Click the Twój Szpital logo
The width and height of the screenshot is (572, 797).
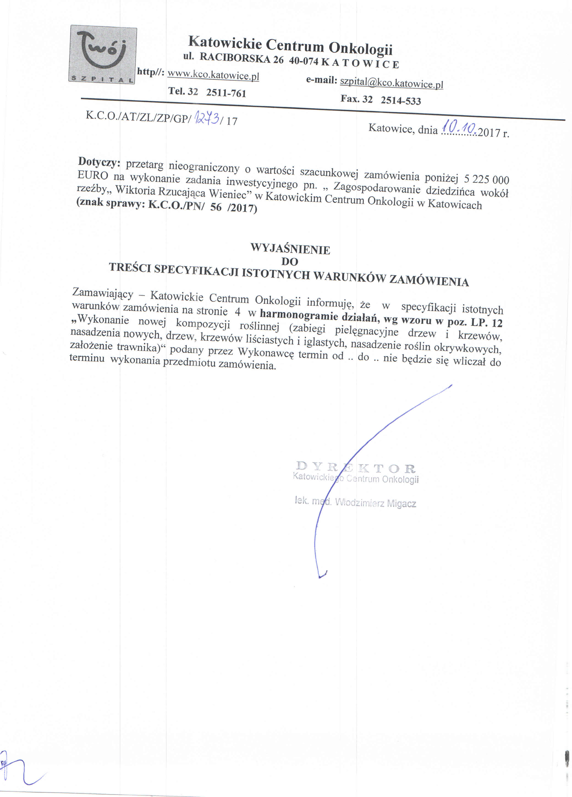coord(103,55)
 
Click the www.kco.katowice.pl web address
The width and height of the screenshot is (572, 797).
coord(213,75)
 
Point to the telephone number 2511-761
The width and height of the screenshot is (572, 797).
coord(226,93)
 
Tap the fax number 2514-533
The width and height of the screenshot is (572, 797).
coord(401,101)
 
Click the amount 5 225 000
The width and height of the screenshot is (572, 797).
coord(486,179)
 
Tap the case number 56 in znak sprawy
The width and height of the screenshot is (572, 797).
coord(216,207)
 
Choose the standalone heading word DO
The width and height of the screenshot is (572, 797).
coord(289,261)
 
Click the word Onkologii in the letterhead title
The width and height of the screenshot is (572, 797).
coord(360,48)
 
